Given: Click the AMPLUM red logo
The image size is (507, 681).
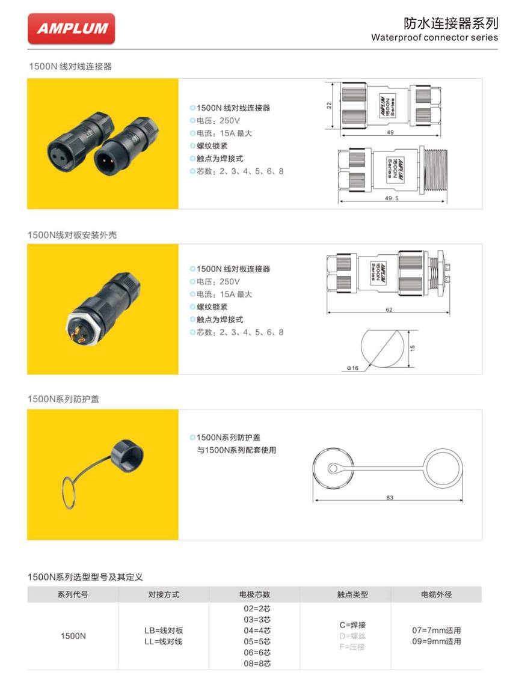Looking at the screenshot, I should [x=71, y=29].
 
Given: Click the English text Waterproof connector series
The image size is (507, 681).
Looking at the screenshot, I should [x=434, y=37].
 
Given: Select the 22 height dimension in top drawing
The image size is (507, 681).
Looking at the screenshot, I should [x=329, y=105].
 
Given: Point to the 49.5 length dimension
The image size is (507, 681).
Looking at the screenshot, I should [x=394, y=197].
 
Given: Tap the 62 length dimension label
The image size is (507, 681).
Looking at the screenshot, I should [x=389, y=310].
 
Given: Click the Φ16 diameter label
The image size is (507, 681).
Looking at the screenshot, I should [x=352, y=367].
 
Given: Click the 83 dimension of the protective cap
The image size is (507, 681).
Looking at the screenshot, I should [x=390, y=498].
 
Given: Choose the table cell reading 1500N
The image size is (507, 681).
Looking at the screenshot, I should [x=73, y=636].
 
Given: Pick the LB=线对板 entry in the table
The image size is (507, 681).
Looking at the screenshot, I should [x=164, y=631].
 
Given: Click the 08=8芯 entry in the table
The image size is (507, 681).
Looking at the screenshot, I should [x=257, y=663].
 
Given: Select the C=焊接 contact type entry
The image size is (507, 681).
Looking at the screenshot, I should [x=352, y=625].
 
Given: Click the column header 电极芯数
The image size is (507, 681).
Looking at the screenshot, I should [x=254, y=594].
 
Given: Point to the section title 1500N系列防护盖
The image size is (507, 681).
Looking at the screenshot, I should [x=63, y=399].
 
